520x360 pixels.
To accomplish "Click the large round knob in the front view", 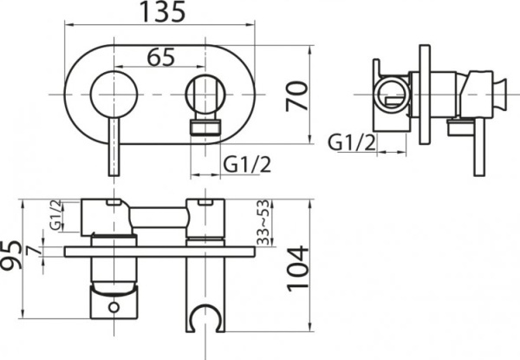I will point(110,92).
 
